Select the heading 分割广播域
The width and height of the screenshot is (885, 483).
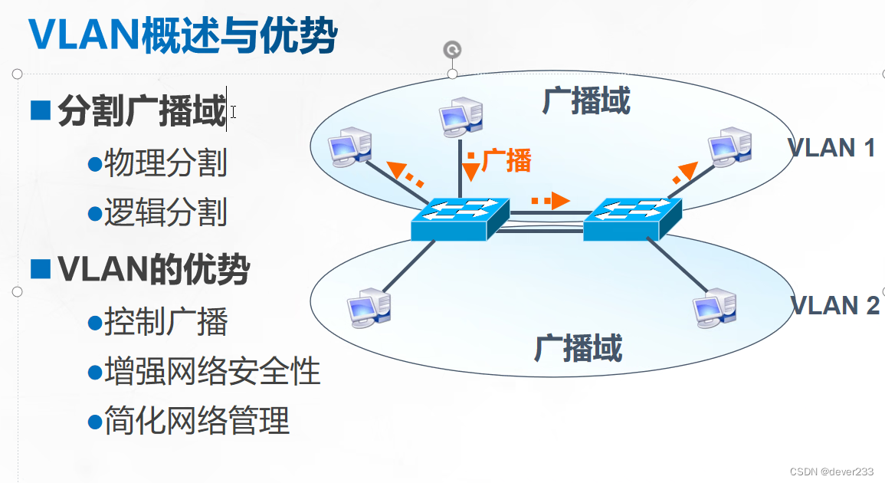(x=142, y=112)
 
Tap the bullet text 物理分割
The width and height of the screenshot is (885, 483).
(x=166, y=163)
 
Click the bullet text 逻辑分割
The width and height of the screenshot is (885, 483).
(x=166, y=212)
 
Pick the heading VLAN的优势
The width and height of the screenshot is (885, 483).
(x=153, y=269)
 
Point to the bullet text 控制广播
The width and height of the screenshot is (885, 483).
(x=166, y=321)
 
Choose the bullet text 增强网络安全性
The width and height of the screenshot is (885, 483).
(x=212, y=371)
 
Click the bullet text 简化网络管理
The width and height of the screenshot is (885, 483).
(x=197, y=421)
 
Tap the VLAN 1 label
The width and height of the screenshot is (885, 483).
(x=831, y=147)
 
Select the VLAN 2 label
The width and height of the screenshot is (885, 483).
(x=834, y=305)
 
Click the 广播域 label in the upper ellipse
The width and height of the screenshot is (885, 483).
(x=586, y=101)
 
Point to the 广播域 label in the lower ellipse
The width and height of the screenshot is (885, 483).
(x=578, y=348)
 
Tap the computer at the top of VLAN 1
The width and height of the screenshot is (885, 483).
(x=461, y=117)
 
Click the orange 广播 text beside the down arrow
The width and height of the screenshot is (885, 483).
(x=506, y=161)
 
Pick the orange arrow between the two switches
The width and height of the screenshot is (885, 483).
(x=552, y=201)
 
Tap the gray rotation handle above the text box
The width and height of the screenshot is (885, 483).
(x=453, y=51)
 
